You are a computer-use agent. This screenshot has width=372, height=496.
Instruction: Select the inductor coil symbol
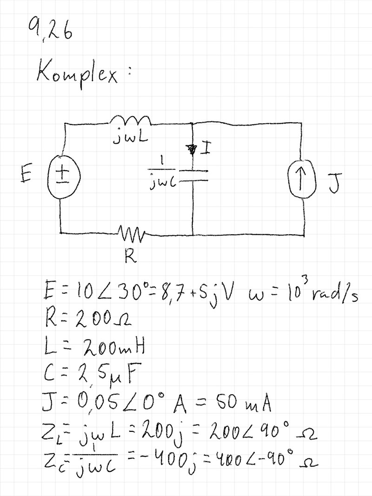(x=130, y=120)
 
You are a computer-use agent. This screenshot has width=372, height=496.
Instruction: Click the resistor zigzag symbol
(x=133, y=231)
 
